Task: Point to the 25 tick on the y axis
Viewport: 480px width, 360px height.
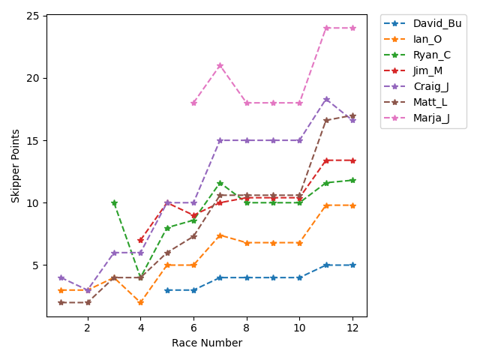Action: tap(34, 16)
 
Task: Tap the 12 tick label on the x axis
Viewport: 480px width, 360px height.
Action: tap(352, 328)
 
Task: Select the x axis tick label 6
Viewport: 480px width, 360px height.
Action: tap(193, 328)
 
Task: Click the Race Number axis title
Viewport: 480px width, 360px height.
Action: tap(207, 343)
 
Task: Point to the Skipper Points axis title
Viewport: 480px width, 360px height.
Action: tap(16, 166)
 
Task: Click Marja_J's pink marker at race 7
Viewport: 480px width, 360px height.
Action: tap(220, 65)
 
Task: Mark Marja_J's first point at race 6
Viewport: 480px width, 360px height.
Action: tap(193, 103)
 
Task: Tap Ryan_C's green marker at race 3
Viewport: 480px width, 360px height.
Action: tap(114, 202)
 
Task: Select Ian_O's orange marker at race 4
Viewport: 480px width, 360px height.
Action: tap(140, 302)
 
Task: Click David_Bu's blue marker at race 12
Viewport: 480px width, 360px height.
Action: tap(352, 265)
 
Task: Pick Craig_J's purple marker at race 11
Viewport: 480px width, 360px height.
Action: tap(326, 99)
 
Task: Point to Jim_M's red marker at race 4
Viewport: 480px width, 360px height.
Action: tap(140, 240)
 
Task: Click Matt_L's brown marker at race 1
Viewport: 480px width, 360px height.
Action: tap(61, 302)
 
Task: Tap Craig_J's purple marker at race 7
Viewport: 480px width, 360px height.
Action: tap(220, 140)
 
